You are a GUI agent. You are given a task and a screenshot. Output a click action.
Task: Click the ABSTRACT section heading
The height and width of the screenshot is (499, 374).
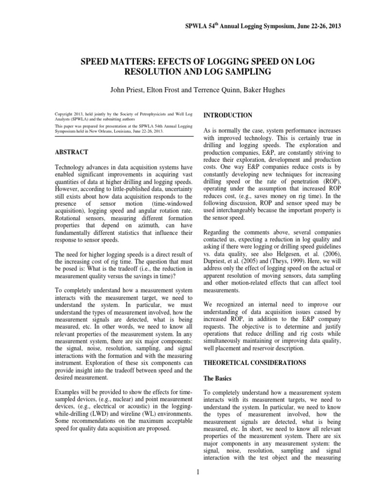point(73,152)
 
